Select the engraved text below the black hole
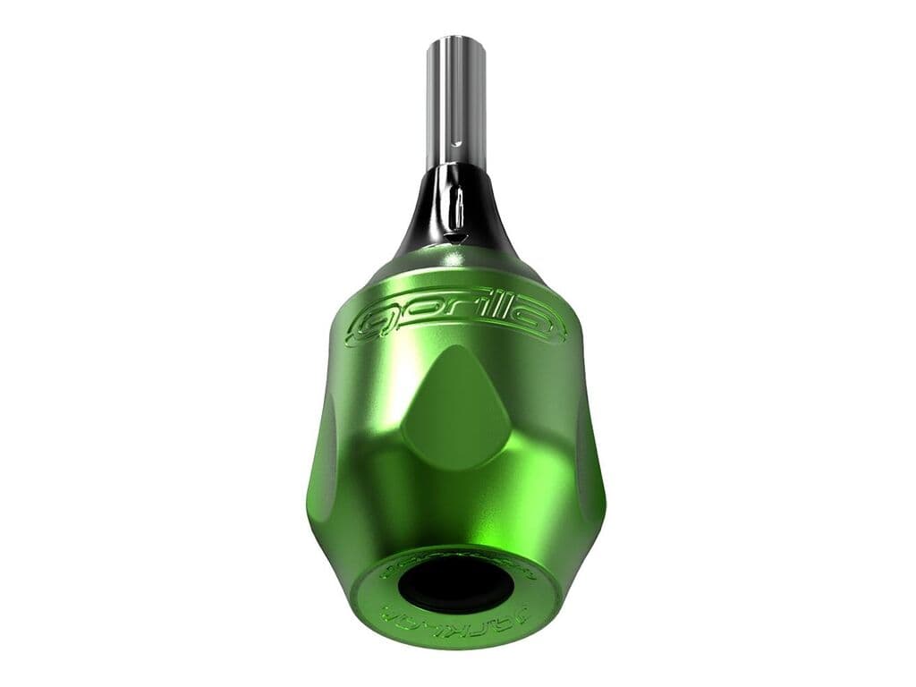pos(455,618)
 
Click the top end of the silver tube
pos(456,40)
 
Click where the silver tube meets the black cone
pos(456,167)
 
